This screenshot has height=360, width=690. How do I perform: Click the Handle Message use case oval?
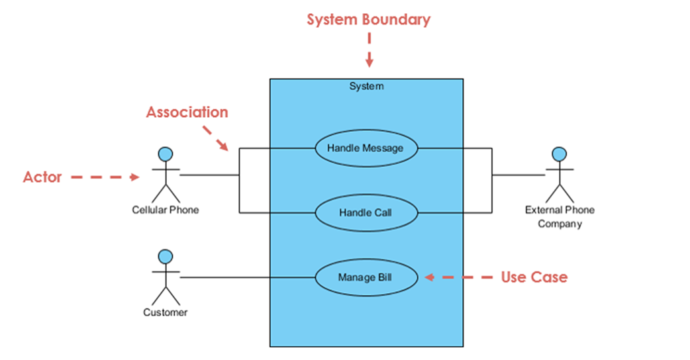tap(366, 148)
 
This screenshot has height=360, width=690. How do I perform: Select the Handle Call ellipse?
tap(366, 212)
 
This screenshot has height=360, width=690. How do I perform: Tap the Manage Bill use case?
tap(366, 277)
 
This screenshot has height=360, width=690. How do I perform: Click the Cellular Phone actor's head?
tap(166, 154)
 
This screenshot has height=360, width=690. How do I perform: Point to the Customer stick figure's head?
tap(166, 257)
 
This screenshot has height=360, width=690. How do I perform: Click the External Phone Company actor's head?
tap(560, 154)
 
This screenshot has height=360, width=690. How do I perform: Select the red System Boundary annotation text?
tap(368, 20)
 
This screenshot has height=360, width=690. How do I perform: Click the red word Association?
tap(187, 112)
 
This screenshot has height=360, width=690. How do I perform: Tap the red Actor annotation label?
tap(42, 177)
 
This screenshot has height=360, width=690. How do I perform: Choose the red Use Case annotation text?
tap(534, 277)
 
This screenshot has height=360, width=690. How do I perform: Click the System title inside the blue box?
tap(367, 86)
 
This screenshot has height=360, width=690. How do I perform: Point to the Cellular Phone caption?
tap(166, 210)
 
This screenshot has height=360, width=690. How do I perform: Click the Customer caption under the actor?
tap(166, 312)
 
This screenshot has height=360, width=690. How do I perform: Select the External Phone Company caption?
tap(560, 216)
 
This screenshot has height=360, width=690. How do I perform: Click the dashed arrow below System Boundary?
tap(370, 50)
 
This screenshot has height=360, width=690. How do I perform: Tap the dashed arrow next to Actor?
tap(105, 177)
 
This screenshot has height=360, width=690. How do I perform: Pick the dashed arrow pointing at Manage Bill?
tap(458, 277)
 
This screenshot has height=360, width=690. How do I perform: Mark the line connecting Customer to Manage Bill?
tap(247, 277)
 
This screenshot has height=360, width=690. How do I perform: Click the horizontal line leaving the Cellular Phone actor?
tap(209, 175)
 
